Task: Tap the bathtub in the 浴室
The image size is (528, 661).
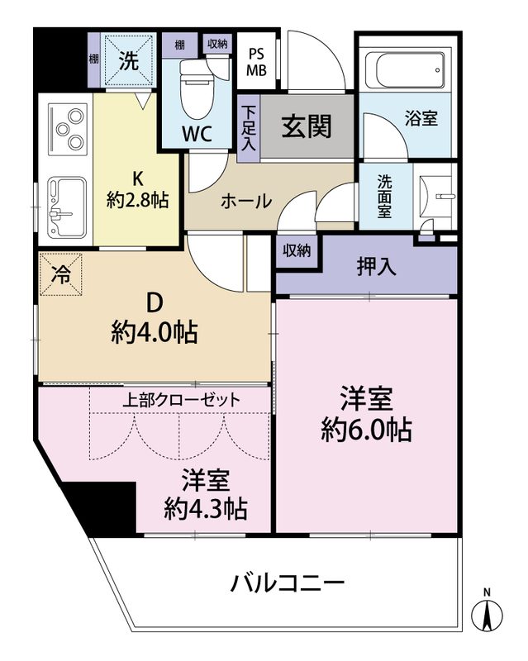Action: click(405, 70)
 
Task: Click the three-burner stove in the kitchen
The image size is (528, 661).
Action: click(68, 130)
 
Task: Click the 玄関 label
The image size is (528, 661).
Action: click(307, 126)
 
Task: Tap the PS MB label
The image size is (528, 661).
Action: click(256, 62)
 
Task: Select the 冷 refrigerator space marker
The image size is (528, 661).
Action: click(60, 274)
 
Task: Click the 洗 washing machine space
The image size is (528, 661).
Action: click(129, 60)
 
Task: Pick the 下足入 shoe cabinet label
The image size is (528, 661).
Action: click(249, 128)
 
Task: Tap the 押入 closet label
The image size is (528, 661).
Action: click(377, 266)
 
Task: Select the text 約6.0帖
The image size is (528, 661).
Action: click(366, 430)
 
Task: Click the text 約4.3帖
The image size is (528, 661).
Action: click(206, 509)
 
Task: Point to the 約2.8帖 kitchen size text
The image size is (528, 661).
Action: click(137, 199)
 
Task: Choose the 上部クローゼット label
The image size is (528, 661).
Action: click(181, 400)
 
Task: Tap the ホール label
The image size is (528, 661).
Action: click(246, 201)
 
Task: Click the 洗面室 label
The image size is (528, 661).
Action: click(384, 196)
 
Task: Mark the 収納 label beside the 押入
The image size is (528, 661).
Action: click(297, 251)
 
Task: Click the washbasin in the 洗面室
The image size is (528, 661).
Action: click(439, 197)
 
